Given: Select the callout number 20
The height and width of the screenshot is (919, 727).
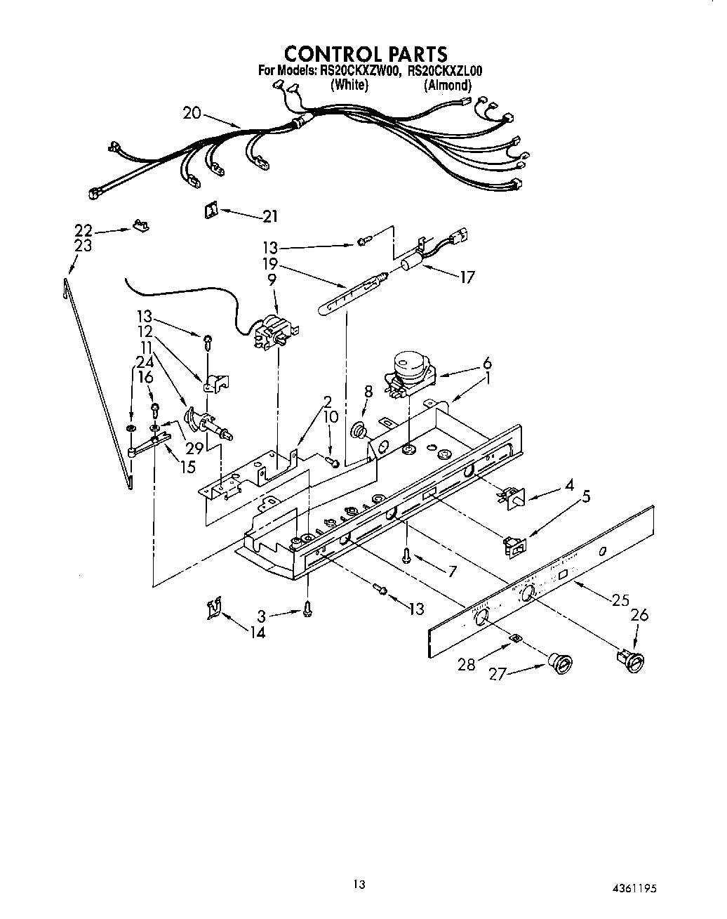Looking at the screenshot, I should (x=192, y=112).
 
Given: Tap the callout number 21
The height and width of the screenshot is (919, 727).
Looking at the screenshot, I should (x=270, y=217).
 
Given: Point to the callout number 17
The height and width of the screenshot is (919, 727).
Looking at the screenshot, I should (x=467, y=277).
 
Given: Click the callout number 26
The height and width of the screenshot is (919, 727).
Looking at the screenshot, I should (x=639, y=616).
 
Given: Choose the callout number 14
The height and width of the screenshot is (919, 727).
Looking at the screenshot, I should (x=257, y=633).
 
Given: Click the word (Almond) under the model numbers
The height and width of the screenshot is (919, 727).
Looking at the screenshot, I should (x=447, y=85).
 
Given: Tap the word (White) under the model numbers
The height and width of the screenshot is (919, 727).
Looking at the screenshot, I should (x=349, y=85).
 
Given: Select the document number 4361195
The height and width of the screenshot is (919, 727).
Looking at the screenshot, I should (x=634, y=887).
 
